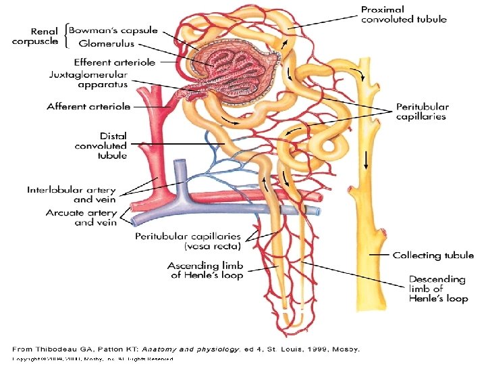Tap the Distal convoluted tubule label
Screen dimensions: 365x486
click(101, 145)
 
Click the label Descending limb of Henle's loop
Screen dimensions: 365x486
click(438, 289)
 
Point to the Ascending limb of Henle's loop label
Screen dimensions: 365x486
click(206, 270)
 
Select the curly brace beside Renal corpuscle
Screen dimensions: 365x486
click(66, 36)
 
